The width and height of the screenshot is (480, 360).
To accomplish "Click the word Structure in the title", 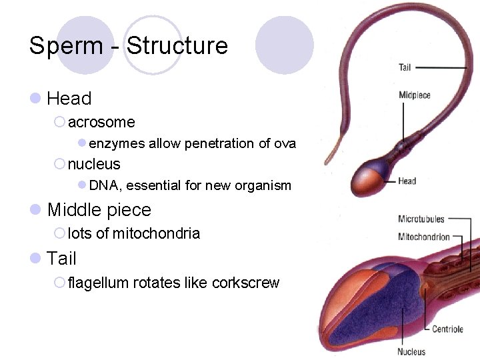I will tap(177, 46).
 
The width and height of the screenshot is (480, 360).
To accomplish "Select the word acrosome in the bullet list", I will tap(101, 123).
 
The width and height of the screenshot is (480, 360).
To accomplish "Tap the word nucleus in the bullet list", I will tap(94, 164).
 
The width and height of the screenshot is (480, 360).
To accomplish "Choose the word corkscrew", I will tap(245, 283).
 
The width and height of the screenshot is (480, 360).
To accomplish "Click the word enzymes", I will tap(117, 144).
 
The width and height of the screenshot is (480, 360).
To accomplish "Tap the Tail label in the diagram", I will tap(405, 67).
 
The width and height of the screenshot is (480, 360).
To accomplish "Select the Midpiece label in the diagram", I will tap(414, 95).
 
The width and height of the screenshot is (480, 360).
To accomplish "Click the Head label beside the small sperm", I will tap(407, 181).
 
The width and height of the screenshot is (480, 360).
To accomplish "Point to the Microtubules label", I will tap(421, 219).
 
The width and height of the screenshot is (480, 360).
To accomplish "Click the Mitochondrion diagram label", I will tap(424, 237).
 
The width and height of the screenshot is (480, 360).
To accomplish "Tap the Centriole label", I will tap(447, 329).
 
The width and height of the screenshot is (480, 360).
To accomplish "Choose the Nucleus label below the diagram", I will tap(411, 351).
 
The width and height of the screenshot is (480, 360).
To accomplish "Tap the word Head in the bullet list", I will tap(69, 99).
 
